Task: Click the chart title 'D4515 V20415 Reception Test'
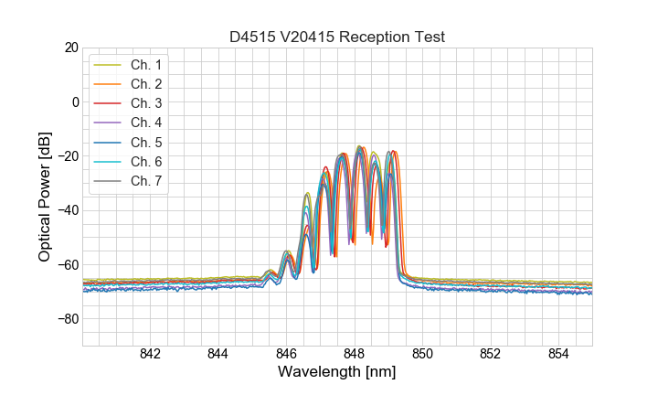(336, 37)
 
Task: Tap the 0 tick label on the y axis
(75, 101)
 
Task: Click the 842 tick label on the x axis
(150, 355)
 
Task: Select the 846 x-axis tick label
(286, 355)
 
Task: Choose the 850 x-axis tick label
(422, 355)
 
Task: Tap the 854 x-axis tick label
(557, 355)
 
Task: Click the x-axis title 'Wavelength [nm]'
(336, 373)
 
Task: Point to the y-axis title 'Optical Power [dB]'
(45, 197)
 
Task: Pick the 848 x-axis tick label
(354, 355)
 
